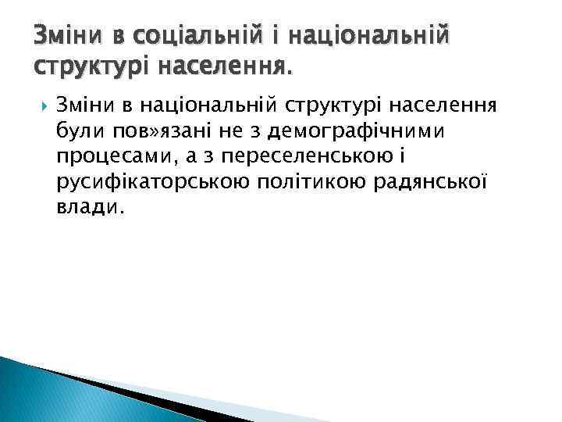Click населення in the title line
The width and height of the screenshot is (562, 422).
click(222, 69)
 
